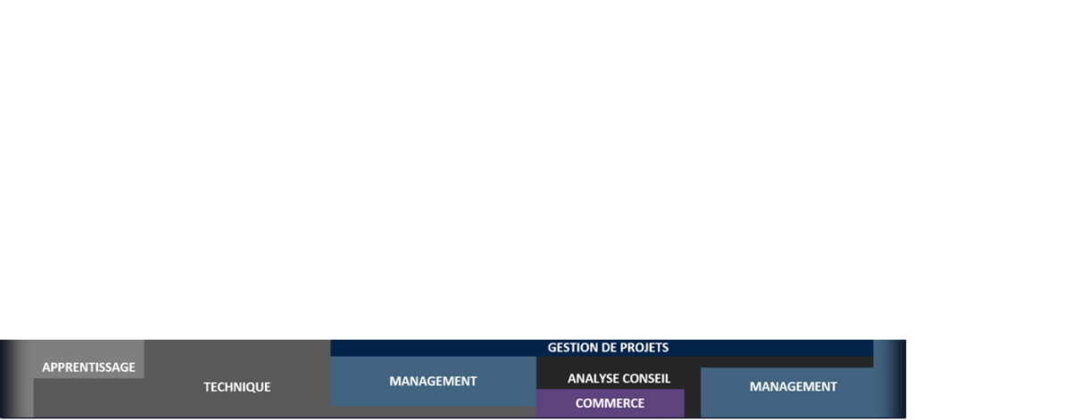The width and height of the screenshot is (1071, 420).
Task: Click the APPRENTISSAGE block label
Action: [88, 366]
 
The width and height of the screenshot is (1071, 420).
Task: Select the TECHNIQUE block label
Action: [237, 387]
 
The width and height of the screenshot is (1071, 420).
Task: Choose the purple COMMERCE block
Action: [610, 403]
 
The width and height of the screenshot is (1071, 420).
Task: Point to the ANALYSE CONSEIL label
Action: [619, 378]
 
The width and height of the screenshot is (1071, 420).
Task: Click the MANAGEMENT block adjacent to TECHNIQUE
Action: [433, 381]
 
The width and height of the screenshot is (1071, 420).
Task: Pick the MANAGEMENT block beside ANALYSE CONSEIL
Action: [793, 386]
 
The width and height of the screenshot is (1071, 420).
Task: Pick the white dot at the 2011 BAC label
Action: [140, 334]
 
